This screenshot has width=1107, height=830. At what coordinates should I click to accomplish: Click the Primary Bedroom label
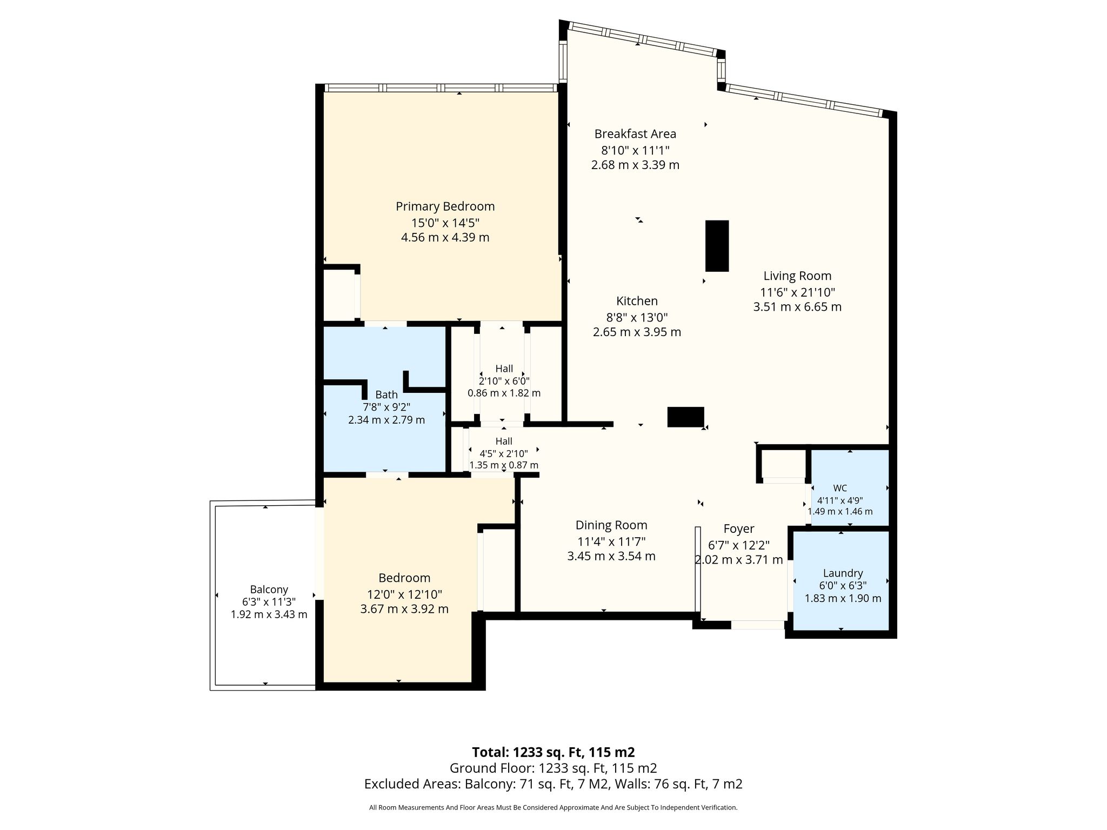445,206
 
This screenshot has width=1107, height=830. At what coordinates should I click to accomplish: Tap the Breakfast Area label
635,133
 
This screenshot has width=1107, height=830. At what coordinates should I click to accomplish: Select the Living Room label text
797,276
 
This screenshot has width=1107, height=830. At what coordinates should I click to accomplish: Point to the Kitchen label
637,301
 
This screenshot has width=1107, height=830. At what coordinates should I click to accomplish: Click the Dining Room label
611,525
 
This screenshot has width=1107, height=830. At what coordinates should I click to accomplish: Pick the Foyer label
738,529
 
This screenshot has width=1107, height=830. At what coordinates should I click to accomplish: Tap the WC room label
840,488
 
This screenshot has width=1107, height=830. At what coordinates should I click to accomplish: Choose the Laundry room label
843,573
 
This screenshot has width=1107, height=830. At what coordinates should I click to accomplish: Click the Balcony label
269,590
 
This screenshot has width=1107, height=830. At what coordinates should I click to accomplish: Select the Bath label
386,395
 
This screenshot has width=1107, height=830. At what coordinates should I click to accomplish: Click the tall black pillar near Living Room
717,246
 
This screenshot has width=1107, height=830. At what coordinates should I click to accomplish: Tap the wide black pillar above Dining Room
685,417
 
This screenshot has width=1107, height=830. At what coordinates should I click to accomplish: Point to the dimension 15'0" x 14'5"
445,223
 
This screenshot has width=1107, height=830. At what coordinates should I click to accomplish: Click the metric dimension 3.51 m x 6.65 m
797,307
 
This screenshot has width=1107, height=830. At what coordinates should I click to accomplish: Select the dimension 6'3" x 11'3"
269,602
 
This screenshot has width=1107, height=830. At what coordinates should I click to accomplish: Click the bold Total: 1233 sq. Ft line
553,752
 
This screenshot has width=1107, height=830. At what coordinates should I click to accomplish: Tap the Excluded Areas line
553,784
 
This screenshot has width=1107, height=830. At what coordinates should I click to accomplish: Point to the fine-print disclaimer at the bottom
553,808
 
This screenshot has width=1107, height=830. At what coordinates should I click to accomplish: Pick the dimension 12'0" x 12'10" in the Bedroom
404,594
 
